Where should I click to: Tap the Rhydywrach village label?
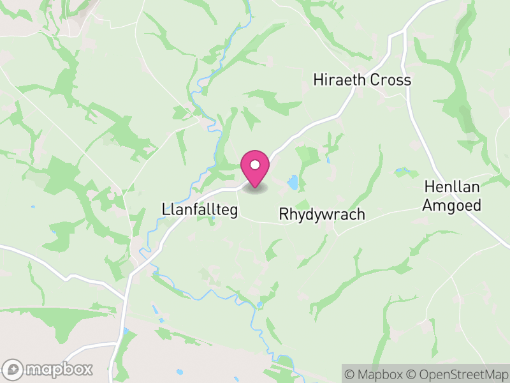click(x=322, y=214)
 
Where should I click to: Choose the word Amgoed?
click(x=453, y=205)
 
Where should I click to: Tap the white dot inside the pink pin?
click(x=255, y=165)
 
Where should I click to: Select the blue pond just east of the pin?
click(x=293, y=183)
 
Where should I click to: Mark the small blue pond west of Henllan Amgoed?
click(x=402, y=171)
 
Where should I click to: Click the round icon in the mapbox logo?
click(x=13, y=369)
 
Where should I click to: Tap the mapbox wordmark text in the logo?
click(x=58, y=369)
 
